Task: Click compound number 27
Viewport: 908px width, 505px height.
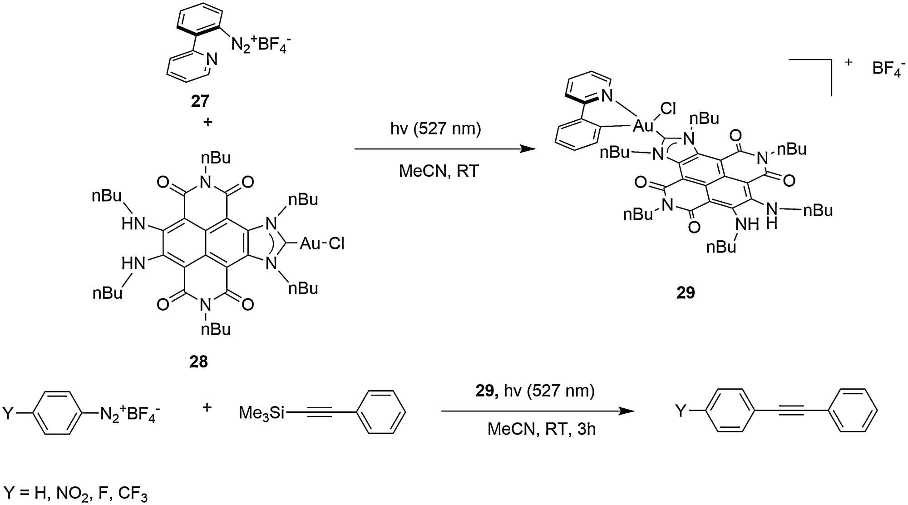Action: point(200,101)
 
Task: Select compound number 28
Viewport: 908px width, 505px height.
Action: point(198,361)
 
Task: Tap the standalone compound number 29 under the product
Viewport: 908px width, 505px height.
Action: point(686,293)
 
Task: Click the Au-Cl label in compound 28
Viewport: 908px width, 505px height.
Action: point(322,244)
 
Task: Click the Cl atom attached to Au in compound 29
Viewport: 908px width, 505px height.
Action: point(668,109)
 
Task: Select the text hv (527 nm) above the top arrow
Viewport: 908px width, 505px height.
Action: point(435,129)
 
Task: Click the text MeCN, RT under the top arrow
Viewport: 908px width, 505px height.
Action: point(439,171)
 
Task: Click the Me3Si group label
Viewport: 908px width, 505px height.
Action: point(262,412)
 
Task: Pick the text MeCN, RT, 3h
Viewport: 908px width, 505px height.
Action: point(541,429)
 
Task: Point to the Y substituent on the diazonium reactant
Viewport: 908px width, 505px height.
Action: point(8,413)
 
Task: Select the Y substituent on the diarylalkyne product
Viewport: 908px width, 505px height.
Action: point(681,411)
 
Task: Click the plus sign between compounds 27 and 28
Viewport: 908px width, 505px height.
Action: point(207,122)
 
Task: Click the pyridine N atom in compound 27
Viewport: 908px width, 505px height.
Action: point(212,59)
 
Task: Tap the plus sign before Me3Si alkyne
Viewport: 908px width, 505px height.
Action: point(207,407)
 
